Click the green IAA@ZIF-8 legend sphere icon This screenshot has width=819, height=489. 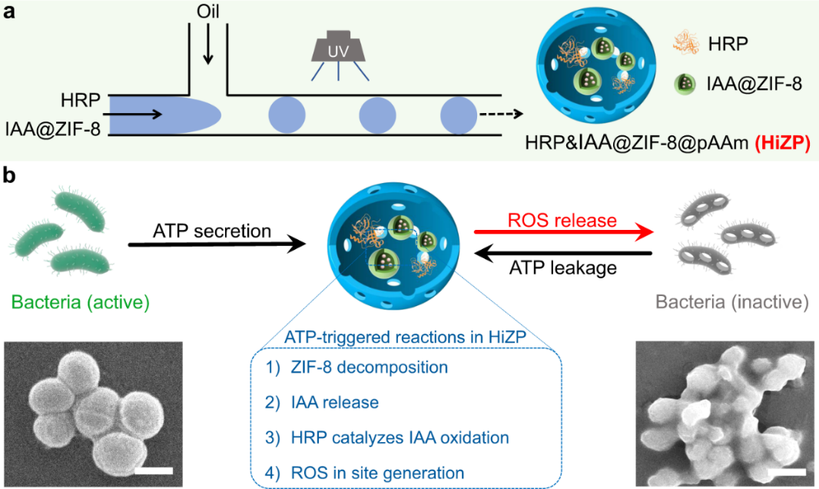682,84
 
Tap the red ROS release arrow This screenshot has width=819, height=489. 562,230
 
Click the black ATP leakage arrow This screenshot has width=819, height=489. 562,253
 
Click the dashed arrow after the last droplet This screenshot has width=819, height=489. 501,115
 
